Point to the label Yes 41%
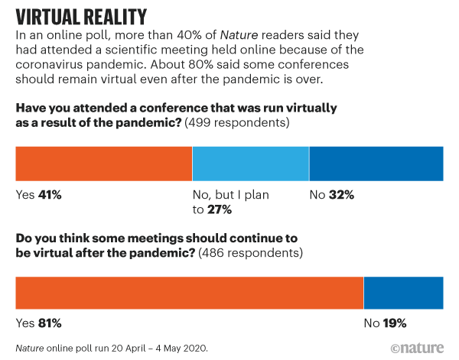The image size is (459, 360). coord(38,196)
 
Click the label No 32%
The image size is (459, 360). coord(332,196)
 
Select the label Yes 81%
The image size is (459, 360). coord(38,323)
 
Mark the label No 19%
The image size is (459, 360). coord(385,323)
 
